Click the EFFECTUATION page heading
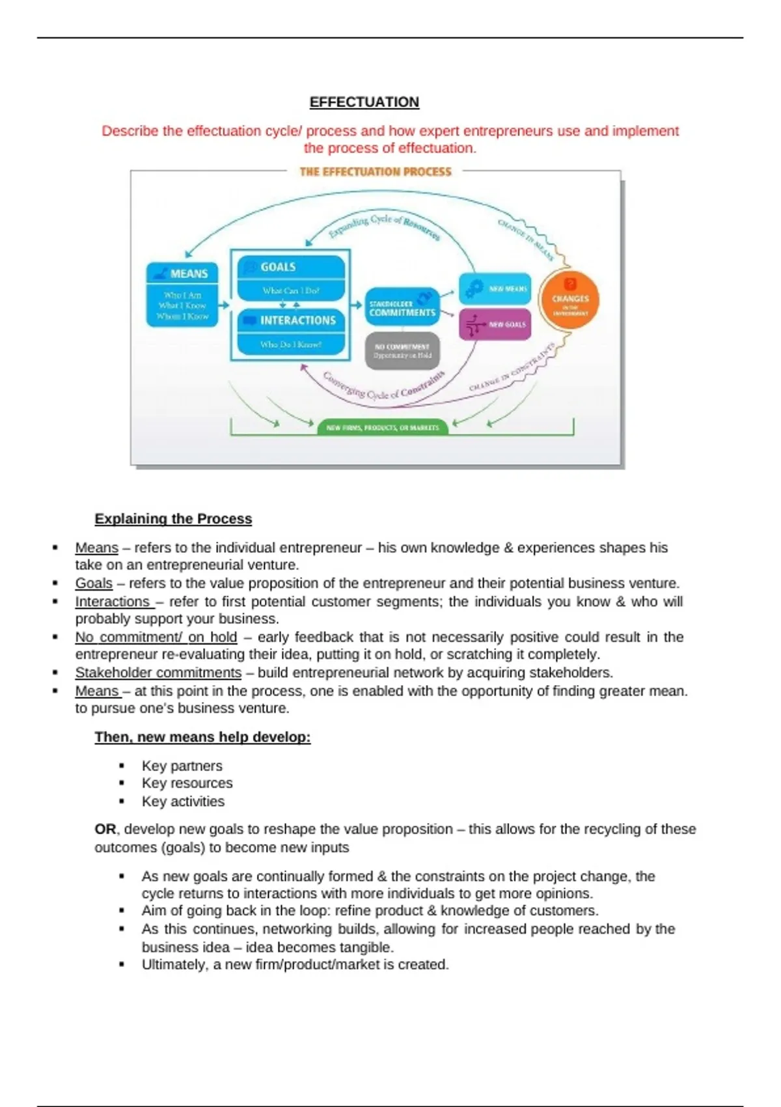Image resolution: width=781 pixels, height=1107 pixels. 364,102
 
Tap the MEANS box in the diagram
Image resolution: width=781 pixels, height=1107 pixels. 182,294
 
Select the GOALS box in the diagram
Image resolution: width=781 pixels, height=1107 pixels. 291,277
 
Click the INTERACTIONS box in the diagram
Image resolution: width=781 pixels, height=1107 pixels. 291,331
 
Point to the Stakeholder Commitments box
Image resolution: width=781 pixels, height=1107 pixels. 402,307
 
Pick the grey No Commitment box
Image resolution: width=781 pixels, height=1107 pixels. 402,351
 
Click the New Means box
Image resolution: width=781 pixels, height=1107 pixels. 495,288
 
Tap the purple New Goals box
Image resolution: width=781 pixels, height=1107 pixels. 495,324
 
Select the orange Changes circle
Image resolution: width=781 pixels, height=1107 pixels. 569,300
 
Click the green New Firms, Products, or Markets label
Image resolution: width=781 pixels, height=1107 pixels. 383,427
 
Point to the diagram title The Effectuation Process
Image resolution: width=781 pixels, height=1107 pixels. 375,172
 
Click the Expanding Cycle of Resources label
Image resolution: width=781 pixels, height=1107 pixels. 384,225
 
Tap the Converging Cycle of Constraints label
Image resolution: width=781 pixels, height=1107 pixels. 384,387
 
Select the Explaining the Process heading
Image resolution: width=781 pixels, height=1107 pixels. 173,519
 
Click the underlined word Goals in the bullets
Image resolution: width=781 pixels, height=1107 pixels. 94,583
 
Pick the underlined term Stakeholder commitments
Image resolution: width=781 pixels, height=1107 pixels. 158,673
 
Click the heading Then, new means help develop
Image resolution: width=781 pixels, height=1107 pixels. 202,737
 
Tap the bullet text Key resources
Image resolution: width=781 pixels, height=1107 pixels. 187,783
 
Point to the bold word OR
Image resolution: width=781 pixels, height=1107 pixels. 105,830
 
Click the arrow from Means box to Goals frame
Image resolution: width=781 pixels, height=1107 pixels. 224,305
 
